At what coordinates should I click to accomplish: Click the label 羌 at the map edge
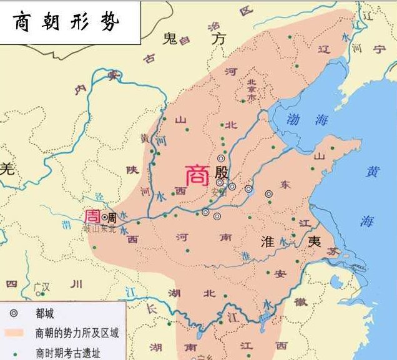(x=7, y=168)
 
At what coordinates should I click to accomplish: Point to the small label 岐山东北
(x=100, y=228)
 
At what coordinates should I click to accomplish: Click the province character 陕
(x=132, y=169)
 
